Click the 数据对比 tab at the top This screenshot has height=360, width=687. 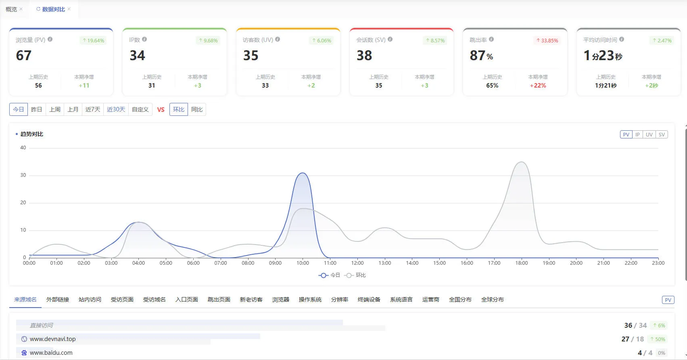click(53, 9)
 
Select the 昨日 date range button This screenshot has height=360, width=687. click(36, 109)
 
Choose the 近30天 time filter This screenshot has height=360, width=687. click(116, 109)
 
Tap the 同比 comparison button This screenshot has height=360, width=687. click(196, 109)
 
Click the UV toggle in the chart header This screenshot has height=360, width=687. click(649, 134)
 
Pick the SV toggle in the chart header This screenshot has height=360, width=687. click(662, 134)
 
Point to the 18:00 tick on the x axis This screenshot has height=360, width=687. click(521, 263)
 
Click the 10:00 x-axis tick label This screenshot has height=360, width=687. click(303, 263)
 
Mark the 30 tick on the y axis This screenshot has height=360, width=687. click(23, 175)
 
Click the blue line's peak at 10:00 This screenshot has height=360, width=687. click(303, 173)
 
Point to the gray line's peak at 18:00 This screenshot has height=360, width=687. click(521, 162)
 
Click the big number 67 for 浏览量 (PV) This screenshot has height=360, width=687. click(24, 56)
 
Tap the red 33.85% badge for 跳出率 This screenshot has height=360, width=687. click(547, 40)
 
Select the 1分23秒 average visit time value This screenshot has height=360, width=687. click(603, 56)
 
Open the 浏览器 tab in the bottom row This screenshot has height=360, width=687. click(281, 299)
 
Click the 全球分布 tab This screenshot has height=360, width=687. click(492, 299)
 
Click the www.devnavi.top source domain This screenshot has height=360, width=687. click(53, 339)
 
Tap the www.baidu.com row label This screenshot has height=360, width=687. click(51, 353)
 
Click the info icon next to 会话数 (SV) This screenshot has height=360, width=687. click(390, 39)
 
